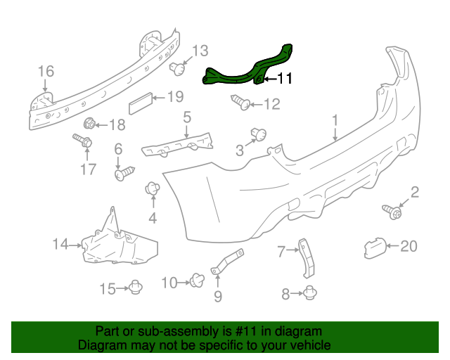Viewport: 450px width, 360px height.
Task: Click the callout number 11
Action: pyautogui.click(x=283, y=79)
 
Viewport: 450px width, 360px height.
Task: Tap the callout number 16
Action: pyautogui.click(x=46, y=71)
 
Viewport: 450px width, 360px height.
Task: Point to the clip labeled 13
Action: pyautogui.click(x=179, y=69)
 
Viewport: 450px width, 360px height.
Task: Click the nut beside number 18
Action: pyautogui.click(x=89, y=125)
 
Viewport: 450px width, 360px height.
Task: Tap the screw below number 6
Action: pyautogui.click(x=124, y=172)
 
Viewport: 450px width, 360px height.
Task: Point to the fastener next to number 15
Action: pyautogui.click(x=136, y=288)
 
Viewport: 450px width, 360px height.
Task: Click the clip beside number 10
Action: pyautogui.click(x=195, y=281)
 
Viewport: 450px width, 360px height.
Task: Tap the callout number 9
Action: pyautogui.click(x=217, y=297)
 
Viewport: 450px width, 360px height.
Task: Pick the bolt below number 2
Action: pyautogui.click(x=392, y=210)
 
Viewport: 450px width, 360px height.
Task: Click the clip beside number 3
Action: pyautogui.click(x=257, y=134)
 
